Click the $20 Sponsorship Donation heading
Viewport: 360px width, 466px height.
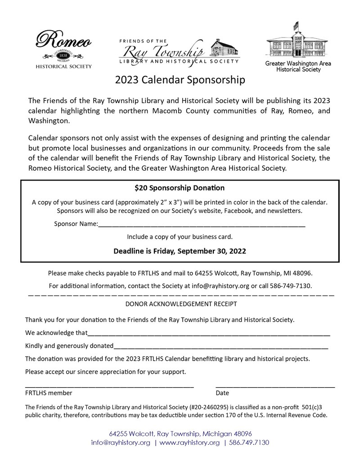pyautogui.click(x=180, y=188)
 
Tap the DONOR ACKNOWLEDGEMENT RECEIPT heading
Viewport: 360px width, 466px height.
pyautogui.click(x=181, y=304)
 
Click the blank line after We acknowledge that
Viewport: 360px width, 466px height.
pyautogui.click(x=209, y=335)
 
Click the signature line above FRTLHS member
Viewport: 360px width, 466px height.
pyautogui.click(x=109, y=387)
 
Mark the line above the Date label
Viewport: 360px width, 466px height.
pyautogui.click(x=275, y=387)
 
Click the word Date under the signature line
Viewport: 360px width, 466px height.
pyautogui.click(x=222, y=393)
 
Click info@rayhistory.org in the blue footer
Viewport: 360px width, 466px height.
pyautogui.click(x=121, y=443)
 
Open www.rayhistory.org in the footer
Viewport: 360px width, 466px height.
pyautogui.click(x=189, y=443)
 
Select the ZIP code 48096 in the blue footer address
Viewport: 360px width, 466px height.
pyautogui.click(x=243, y=434)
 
